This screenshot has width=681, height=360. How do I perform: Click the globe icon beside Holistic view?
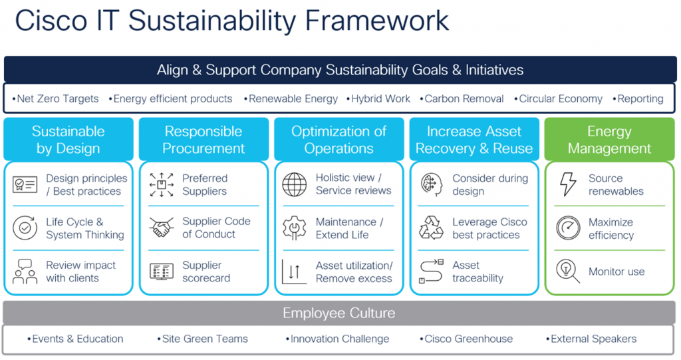295,184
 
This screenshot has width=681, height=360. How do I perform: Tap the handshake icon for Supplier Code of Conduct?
161,228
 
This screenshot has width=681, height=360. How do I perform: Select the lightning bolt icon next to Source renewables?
568,184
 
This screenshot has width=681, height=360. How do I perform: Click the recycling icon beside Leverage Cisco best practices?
431,228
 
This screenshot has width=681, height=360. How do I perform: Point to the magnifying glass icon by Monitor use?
568,271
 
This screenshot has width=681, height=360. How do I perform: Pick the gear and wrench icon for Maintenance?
295,228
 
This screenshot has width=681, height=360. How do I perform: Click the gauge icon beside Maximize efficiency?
568,228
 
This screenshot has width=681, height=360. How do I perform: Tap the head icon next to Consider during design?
432,184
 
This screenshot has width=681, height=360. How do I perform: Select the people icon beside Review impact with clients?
25,271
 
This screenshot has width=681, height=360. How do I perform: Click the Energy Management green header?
609,140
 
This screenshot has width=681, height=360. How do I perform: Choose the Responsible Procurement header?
204,140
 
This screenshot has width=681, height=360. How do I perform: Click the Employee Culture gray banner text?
339,313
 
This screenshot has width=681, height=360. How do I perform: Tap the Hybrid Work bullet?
378,98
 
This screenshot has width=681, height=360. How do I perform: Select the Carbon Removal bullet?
462,98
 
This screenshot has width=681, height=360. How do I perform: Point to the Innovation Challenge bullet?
337,339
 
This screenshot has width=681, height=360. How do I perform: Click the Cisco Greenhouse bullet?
466,339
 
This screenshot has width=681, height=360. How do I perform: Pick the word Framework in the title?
376,21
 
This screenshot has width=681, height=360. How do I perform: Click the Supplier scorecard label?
206,271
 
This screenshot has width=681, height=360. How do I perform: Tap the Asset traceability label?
477,271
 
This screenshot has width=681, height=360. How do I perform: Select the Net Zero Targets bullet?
55,98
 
